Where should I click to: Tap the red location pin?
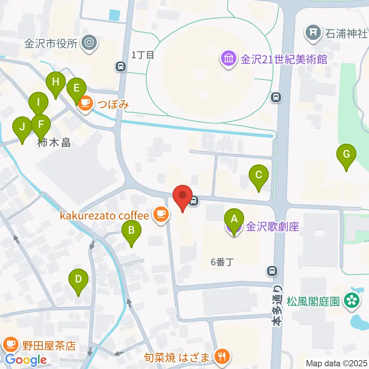tap(183, 197)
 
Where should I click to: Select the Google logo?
tap(26, 360)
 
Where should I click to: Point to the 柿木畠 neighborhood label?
tap(55, 143)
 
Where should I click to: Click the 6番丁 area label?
tap(223, 262)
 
